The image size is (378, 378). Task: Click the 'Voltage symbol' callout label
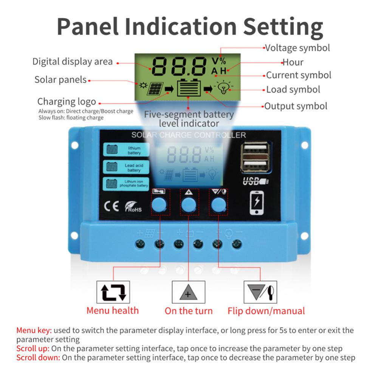(x=297, y=48)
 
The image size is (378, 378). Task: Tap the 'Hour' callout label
(x=293, y=62)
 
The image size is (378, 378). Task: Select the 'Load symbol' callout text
(x=293, y=90)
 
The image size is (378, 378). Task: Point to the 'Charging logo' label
(x=67, y=102)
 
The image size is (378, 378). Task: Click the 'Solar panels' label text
(x=60, y=80)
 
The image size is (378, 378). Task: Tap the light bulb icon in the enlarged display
(x=225, y=88)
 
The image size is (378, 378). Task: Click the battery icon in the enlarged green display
(x=189, y=88)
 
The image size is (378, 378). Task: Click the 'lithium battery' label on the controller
(x=127, y=150)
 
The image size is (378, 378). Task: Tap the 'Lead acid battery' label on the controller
(x=127, y=167)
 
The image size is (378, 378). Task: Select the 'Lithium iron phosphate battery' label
(x=127, y=184)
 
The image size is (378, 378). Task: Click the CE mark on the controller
(x=112, y=207)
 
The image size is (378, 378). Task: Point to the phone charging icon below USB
(x=257, y=203)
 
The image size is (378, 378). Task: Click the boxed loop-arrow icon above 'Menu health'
(x=113, y=292)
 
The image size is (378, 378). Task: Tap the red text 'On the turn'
(x=189, y=311)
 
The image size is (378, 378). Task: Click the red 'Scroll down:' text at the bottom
(x=38, y=358)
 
